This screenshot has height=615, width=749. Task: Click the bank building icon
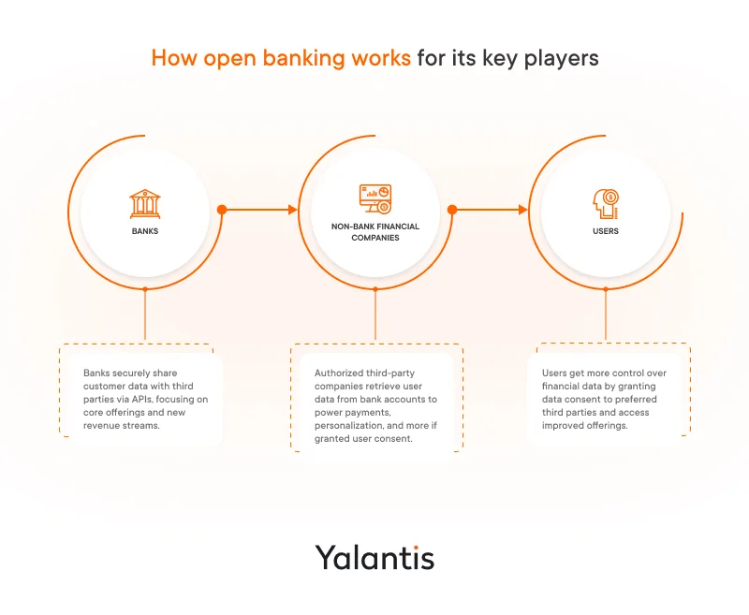point(144,204)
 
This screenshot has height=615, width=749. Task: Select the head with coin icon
point(605,204)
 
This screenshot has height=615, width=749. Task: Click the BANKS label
point(144,231)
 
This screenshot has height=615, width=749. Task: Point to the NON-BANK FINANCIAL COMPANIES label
point(374,232)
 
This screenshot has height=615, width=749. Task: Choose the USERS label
point(606,231)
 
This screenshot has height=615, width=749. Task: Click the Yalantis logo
point(374,558)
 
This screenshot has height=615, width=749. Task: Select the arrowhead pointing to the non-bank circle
point(292,210)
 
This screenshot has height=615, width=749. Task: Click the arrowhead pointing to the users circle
point(522,210)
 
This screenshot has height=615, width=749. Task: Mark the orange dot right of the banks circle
point(222,210)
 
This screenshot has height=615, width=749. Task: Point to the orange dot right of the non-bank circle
point(452,210)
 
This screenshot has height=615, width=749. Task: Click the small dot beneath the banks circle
point(144,288)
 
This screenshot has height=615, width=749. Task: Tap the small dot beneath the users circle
point(606,288)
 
